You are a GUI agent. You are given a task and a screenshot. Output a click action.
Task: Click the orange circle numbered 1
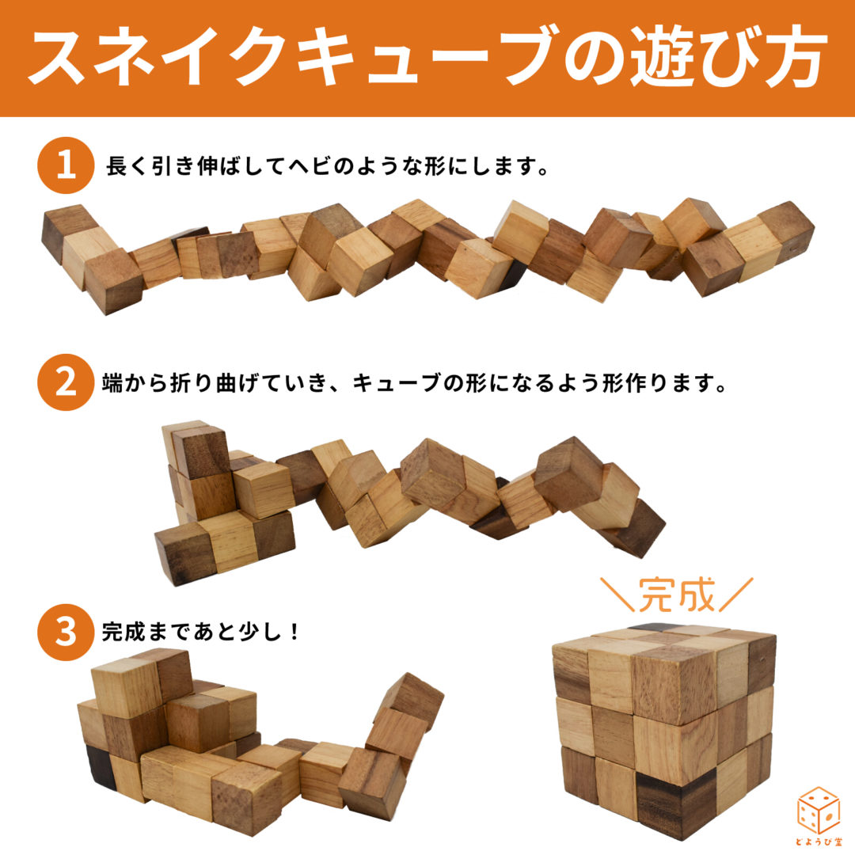click(x=66, y=167)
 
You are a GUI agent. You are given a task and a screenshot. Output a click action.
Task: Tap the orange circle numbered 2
click(x=66, y=382)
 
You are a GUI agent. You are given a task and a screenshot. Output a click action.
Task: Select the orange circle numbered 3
click(x=66, y=631)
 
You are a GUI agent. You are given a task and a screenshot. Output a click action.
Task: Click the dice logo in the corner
click(x=818, y=815)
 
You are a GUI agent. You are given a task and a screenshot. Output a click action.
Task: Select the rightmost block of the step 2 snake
click(x=637, y=526)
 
